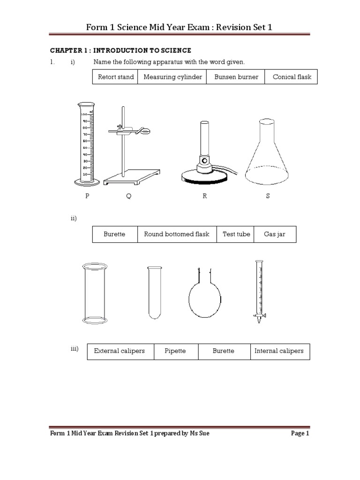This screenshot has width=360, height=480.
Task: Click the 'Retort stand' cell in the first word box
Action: coord(115,77)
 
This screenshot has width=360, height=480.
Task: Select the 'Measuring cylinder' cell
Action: coord(173,77)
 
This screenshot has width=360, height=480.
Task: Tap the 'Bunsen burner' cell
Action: coord(236,77)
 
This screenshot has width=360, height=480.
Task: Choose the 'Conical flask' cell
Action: coord(292,77)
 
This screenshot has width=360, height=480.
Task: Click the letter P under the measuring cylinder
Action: coord(87,196)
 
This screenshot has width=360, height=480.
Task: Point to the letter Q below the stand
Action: coord(128,196)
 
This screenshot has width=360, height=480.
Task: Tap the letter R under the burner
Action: coord(204,196)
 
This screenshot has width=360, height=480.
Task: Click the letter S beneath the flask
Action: coord(268,196)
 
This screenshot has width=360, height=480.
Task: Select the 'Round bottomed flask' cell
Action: coord(177,234)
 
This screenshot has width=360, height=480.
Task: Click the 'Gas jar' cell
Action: coord(275,234)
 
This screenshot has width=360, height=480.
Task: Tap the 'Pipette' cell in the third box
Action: coord(176,351)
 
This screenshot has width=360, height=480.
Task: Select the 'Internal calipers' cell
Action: coord(279,351)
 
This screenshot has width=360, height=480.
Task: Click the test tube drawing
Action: coord(155,293)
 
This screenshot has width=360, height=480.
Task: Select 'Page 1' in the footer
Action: coord(300,434)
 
